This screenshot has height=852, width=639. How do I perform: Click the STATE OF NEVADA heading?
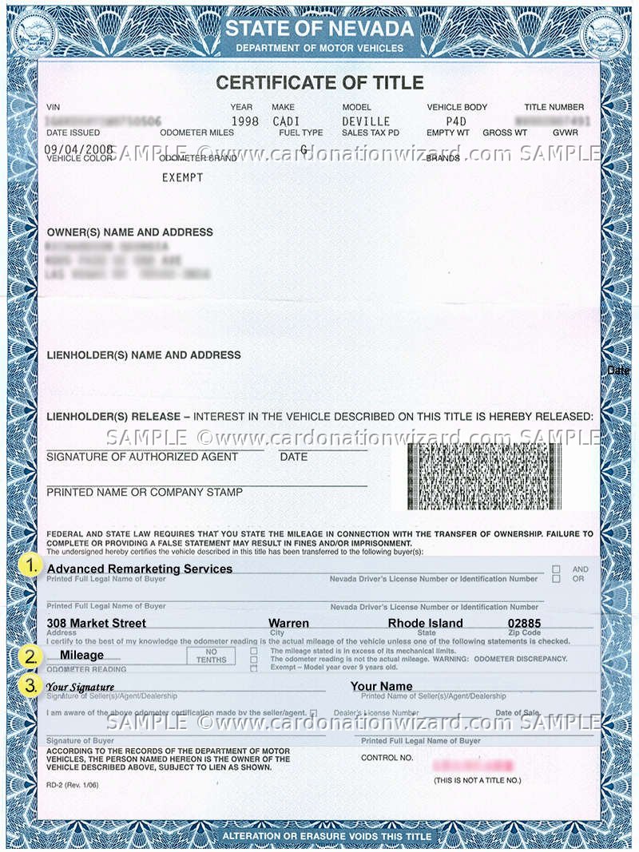[319, 30]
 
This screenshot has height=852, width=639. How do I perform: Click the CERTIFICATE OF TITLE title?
[319, 82]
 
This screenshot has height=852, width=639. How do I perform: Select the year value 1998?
[244, 121]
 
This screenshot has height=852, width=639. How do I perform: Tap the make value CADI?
[285, 121]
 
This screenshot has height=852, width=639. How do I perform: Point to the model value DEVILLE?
[366, 121]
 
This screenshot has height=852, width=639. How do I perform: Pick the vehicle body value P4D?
[456, 121]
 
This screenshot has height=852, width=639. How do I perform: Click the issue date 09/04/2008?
[77, 149]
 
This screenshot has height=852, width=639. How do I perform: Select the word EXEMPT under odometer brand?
[182, 177]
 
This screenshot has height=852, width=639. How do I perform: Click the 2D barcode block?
[484, 476]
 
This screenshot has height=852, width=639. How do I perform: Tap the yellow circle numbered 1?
[30, 565]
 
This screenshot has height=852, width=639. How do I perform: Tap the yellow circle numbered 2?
[30, 656]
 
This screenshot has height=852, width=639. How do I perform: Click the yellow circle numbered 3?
[30, 685]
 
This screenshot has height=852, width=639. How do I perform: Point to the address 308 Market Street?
[96, 623]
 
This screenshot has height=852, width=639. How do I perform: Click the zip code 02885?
[524, 623]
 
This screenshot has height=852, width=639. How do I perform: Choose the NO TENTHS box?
[212, 656]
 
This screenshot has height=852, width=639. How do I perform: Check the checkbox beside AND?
[556, 569]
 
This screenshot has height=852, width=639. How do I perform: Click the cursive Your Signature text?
[80, 687]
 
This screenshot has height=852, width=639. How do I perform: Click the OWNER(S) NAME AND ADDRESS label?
[129, 232]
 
